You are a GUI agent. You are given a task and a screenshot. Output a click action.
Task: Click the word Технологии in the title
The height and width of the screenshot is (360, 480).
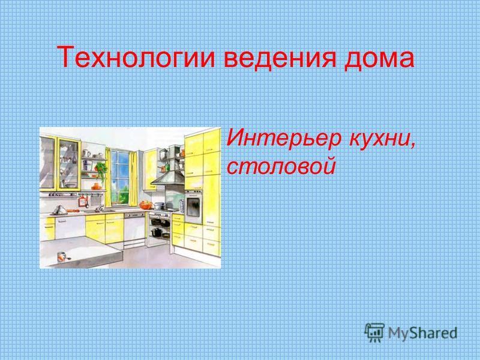pyautogui.click(x=136, y=57)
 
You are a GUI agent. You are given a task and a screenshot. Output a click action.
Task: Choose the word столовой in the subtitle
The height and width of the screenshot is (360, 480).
pyautogui.click(x=281, y=166)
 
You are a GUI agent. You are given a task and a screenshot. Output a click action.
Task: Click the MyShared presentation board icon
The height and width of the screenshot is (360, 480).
pyautogui.click(x=374, y=332)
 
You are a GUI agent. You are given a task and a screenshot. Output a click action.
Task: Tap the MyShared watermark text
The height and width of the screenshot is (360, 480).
pyautogui.click(x=422, y=332)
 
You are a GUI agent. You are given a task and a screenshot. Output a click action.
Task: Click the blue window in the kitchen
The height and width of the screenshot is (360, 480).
pyautogui.click(x=119, y=177)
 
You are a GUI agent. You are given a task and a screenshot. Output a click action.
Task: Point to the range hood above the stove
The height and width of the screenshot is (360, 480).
pyautogui.click(x=168, y=178)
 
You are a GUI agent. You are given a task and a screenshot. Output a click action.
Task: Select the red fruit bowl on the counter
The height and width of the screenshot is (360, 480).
pyautogui.click(x=146, y=205)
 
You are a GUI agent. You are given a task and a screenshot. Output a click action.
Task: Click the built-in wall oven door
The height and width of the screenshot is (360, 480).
pyautogui.click(x=193, y=206)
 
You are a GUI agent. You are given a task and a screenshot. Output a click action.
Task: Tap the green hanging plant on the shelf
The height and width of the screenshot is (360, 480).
pyautogui.click(x=101, y=169)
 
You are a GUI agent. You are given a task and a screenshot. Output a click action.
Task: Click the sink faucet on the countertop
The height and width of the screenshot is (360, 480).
pyautogui.click(x=100, y=208)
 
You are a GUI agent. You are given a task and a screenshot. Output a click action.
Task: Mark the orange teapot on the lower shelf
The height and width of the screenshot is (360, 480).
pyautogui.click(x=96, y=187)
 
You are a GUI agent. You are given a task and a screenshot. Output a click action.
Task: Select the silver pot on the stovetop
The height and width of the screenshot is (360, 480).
pyautogui.click(x=159, y=206)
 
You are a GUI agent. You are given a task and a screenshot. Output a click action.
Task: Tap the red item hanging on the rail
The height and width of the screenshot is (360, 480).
pyautogui.click(x=82, y=201)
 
